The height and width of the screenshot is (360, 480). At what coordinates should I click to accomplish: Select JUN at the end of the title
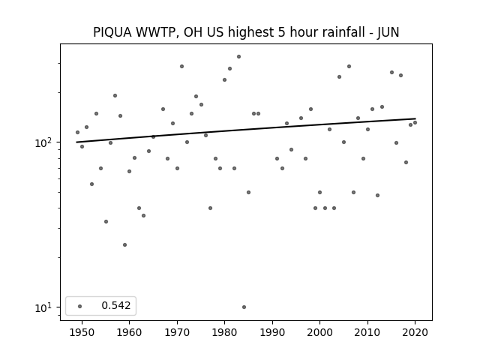pyautogui.click(x=388, y=32)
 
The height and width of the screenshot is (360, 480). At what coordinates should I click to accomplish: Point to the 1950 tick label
pyautogui.click(x=82, y=332)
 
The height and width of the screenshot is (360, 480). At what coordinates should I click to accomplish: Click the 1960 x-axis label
pyautogui.click(x=129, y=332)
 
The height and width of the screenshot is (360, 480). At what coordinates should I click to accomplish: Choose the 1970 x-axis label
pyautogui.click(x=177, y=332)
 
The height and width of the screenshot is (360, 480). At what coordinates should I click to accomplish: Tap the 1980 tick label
pyautogui.click(x=224, y=332)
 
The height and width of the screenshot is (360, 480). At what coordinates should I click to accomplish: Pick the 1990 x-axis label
pyautogui.click(x=272, y=332)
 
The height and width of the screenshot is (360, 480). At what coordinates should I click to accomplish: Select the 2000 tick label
pyautogui.click(x=319, y=332)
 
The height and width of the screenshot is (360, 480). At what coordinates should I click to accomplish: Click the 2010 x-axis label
pyautogui.click(x=367, y=332)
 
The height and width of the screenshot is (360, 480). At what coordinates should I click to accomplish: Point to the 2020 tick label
pyautogui.click(x=415, y=332)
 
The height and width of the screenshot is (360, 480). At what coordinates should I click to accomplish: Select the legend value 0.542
pyautogui.click(x=116, y=305)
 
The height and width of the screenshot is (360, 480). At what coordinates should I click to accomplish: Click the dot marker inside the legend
pyautogui.click(x=80, y=306)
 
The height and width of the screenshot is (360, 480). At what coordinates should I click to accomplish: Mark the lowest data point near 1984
pyautogui.click(x=244, y=307)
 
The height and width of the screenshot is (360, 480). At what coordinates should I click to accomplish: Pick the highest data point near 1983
pyautogui.click(x=238, y=57)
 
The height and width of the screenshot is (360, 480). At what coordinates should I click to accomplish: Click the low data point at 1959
pyautogui.click(x=124, y=245)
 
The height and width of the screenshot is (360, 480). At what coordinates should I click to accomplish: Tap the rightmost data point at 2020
pyautogui.click(x=415, y=123)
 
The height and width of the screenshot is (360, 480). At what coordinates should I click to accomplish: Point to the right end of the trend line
pyautogui.click(x=415, y=118)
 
